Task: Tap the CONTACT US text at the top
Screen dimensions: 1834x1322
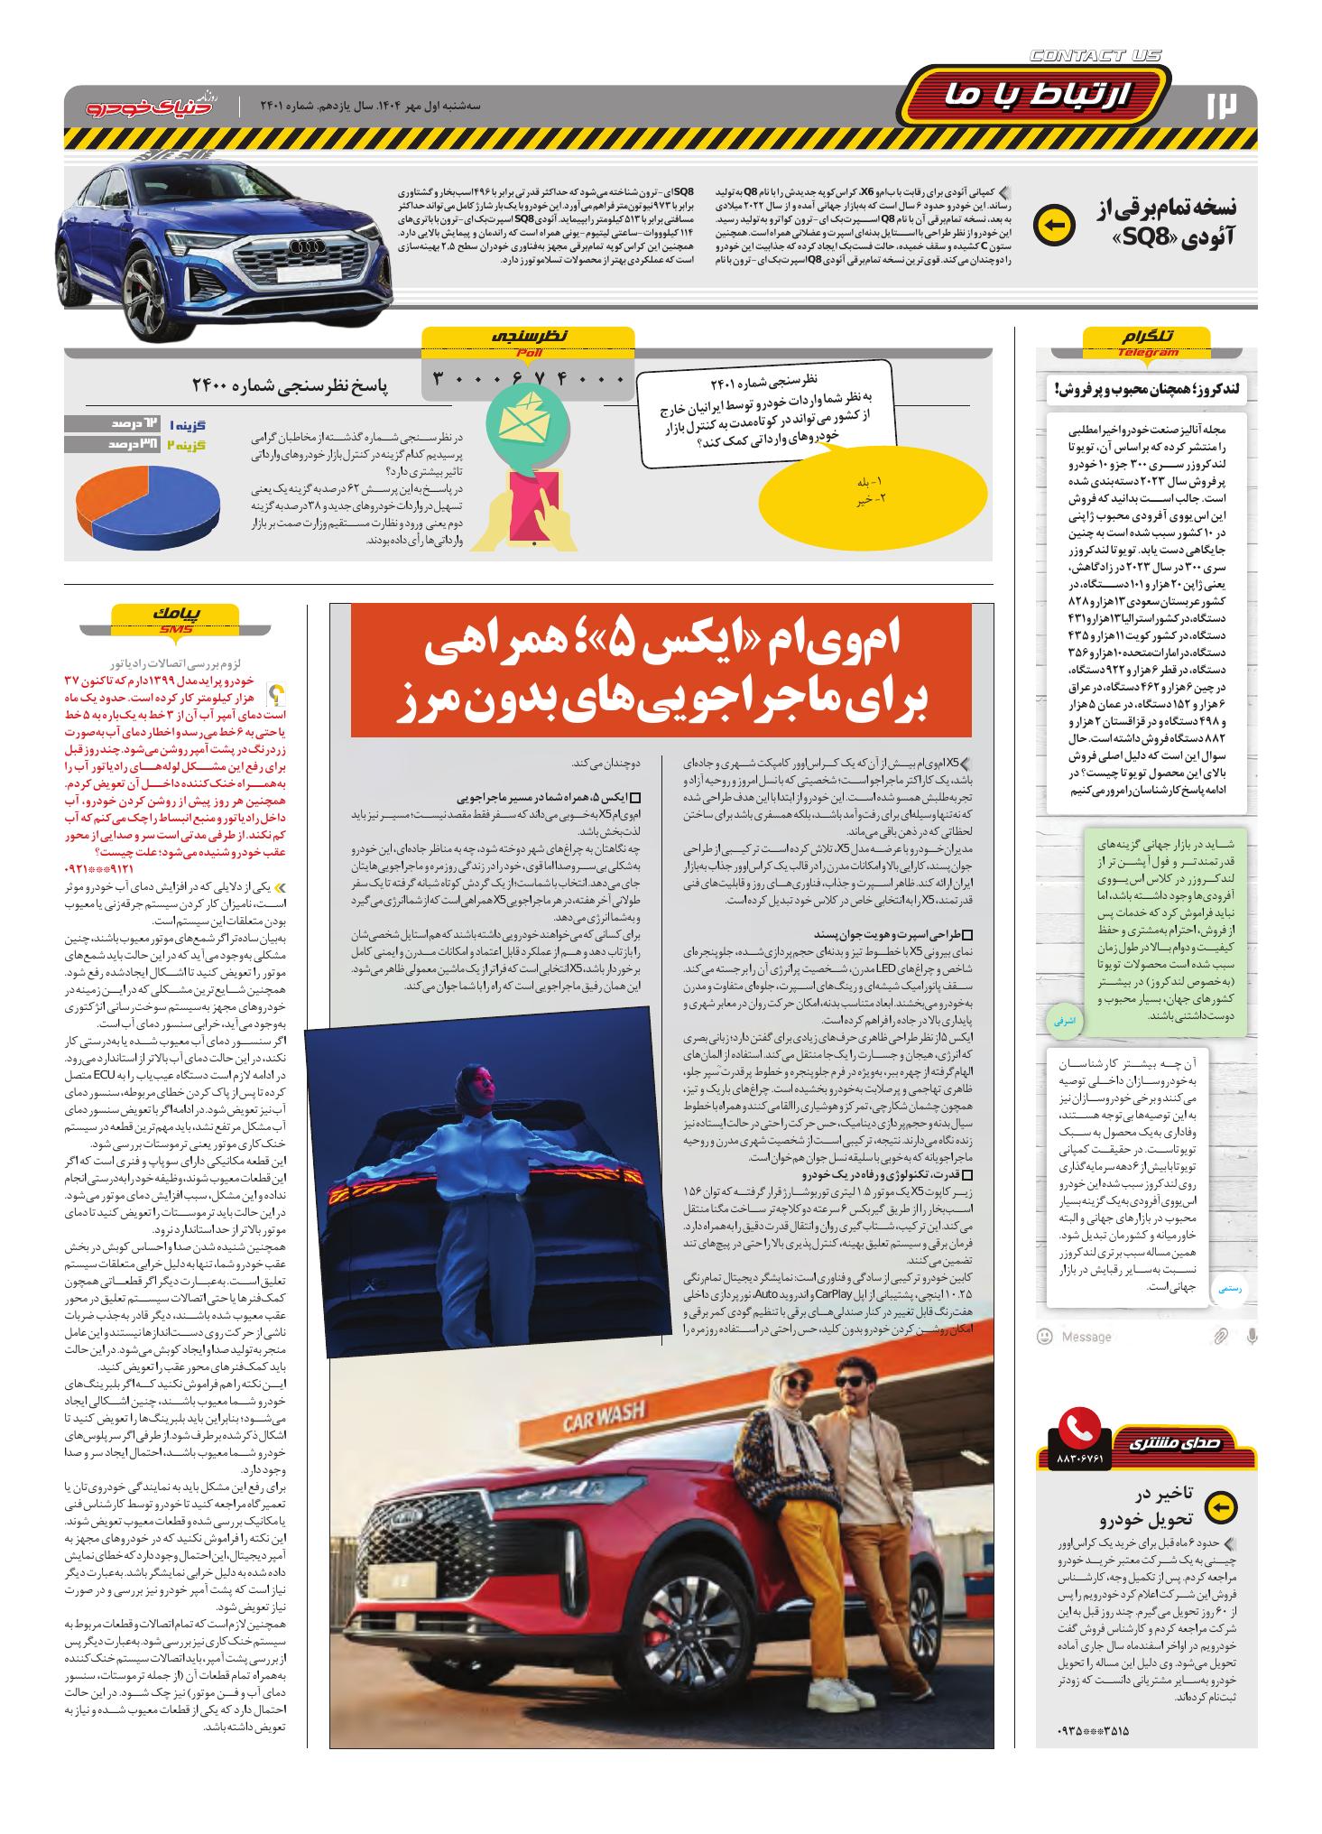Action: click(x=1096, y=56)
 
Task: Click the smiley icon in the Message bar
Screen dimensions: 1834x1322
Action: click(x=1044, y=1336)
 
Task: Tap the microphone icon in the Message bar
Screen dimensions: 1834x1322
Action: click(x=1252, y=1336)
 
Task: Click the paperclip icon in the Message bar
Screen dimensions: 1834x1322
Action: click(x=1220, y=1336)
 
